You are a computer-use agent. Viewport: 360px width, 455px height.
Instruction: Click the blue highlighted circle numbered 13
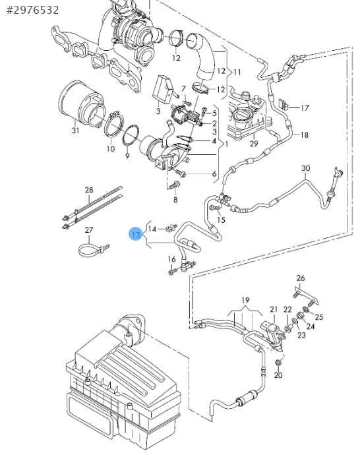(136, 234)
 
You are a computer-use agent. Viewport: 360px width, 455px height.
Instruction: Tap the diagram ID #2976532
(32, 10)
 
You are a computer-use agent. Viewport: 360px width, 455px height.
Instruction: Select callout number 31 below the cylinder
(75, 131)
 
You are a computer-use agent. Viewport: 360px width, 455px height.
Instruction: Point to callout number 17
(305, 108)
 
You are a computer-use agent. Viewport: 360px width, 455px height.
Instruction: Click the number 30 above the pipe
(306, 168)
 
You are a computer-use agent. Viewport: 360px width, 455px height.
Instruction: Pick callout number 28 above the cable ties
(89, 190)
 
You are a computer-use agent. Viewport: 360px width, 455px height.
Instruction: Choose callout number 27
(89, 230)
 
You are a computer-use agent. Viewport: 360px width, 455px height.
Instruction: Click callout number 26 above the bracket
(301, 278)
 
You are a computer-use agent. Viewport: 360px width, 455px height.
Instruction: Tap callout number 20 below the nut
(278, 375)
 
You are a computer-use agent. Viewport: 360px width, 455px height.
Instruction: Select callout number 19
(245, 300)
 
